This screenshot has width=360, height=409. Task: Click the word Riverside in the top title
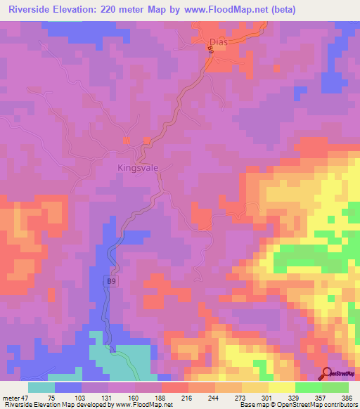tap(32, 10)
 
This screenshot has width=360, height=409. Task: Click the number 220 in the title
tap(122, 10)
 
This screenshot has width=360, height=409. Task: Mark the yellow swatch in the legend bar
tap(281, 387)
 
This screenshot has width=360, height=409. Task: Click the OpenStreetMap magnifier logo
tap(326, 373)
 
